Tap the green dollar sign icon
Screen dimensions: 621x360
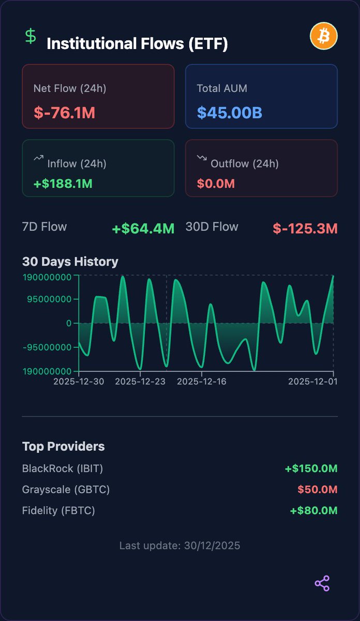pyautogui.click(x=31, y=36)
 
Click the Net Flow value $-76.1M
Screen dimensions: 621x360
pyautogui.click(x=64, y=112)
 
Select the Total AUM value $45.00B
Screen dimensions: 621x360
pyautogui.click(x=229, y=112)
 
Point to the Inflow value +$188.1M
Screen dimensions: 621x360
pyautogui.click(x=63, y=183)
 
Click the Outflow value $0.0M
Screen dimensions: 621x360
pyautogui.click(x=216, y=183)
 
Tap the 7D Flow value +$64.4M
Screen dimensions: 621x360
pyautogui.click(x=143, y=228)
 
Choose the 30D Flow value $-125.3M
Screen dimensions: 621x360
pyautogui.click(x=305, y=228)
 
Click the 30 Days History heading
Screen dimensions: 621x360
pyautogui.click(x=70, y=261)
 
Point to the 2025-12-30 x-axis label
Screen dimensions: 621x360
pyautogui.click(x=79, y=381)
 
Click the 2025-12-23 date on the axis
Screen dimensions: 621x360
pyautogui.click(x=140, y=381)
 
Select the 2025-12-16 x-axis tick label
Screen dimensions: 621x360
pyautogui.click(x=202, y=381)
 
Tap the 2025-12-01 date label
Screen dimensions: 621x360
pyautogui.click(x=313, y=381)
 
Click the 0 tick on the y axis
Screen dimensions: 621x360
pyautogui.click(x=68, y=323)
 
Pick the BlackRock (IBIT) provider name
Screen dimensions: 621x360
pyautogui.click(x=63, y=469)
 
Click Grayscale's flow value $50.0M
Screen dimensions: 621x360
pyautogui.click(x=317, y=490)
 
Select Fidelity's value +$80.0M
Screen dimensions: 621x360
pyautogui.click(x=313, y=511)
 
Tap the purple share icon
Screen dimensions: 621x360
pyautogui.click(x=322, y=583)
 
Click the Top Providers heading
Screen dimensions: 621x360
pyautogui.click(x=63, y=446)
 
